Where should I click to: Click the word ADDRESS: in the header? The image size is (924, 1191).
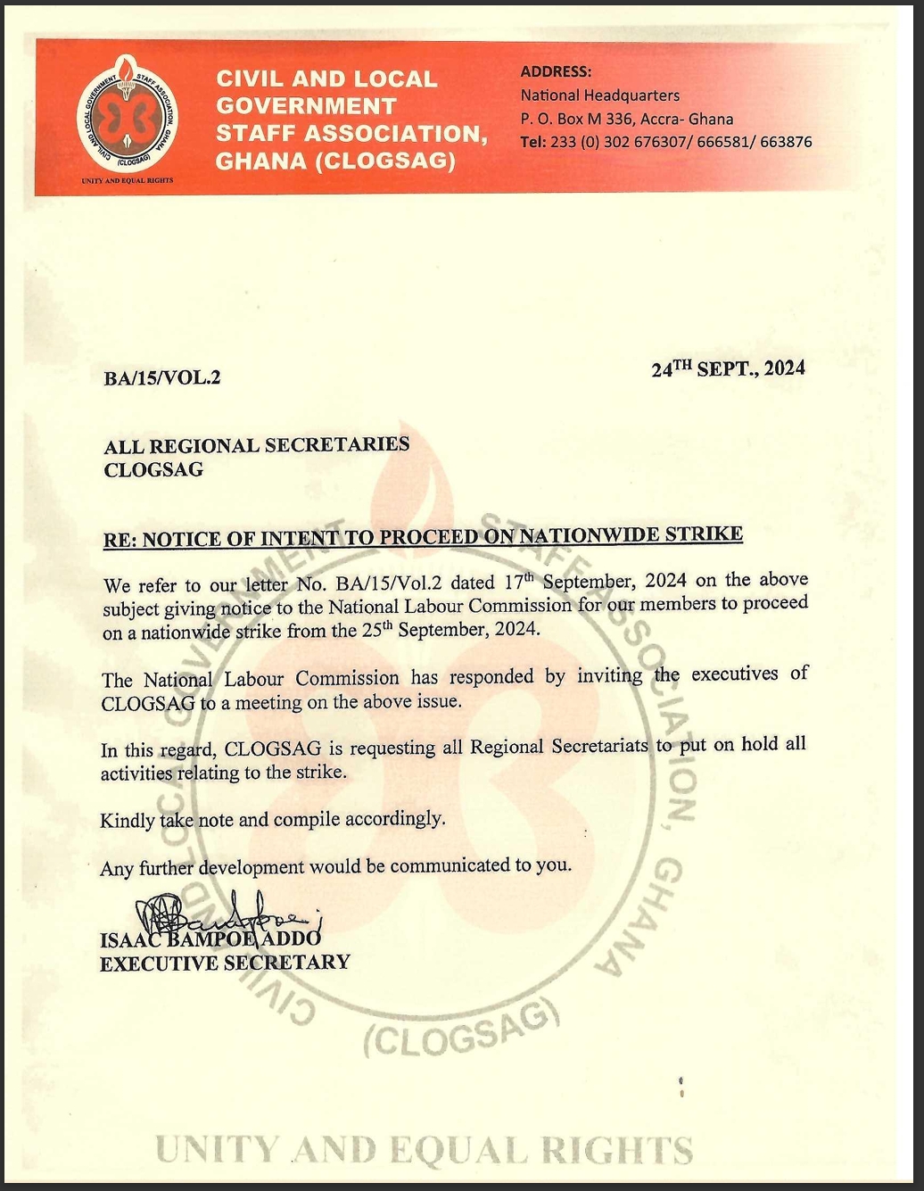pos(556,72)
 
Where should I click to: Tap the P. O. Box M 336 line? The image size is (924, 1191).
pos(627,119)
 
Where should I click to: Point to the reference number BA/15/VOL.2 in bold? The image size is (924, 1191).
pos(162,377)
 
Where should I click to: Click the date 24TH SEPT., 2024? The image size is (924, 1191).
pos(728,368)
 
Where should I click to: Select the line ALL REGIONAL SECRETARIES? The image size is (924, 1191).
pos(257,445)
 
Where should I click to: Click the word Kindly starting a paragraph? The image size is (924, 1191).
pos(127,820)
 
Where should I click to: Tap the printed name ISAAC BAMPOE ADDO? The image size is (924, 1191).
pos(210,939)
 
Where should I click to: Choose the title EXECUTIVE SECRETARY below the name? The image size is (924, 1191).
pos(225,963)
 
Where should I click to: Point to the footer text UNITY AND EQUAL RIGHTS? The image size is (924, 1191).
pos(425,1151)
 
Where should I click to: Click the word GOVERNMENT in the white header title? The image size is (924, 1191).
pos(306,105)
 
